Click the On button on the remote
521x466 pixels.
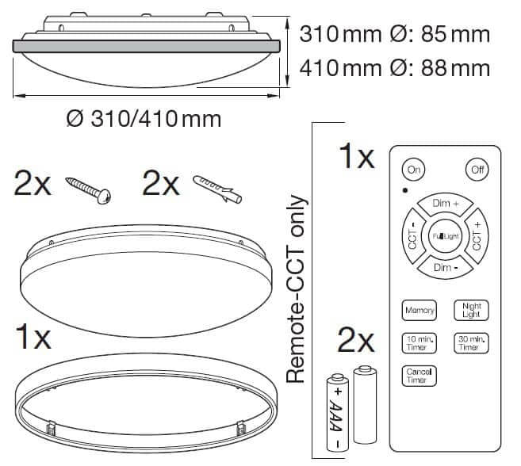point(414,170)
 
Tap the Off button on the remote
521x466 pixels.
point(477,170)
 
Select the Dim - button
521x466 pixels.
point(445,267)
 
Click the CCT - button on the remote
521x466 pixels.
point(412,236)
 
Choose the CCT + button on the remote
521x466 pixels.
point(477,236)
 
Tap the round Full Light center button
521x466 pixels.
point(445,236)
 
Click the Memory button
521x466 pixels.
point(419,310)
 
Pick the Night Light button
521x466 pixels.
point(471,310)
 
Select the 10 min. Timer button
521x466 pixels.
point(419,343)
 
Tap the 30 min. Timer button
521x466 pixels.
point(471,343)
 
